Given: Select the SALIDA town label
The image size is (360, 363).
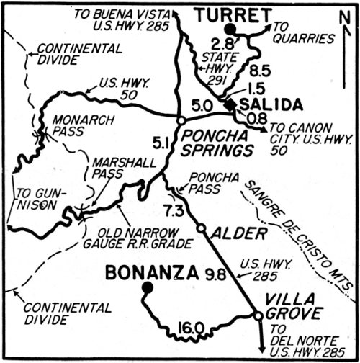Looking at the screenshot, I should [269, 105].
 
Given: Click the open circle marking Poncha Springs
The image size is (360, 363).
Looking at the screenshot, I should [182, 120].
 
